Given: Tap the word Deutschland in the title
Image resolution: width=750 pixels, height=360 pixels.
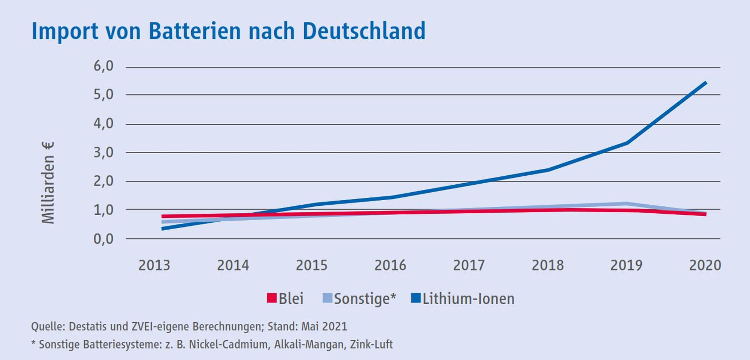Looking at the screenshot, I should pos(364,31).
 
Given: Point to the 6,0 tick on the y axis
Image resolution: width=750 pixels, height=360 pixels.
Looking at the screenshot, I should pos(103,66).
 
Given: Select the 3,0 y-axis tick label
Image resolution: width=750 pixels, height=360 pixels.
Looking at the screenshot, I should pos(103,152).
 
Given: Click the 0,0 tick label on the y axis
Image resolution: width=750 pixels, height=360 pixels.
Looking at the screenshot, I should pos(103,239).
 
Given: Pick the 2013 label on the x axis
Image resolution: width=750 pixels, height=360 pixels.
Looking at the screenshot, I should pos(154,265).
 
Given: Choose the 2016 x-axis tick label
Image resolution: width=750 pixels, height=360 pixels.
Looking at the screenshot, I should pos(390,265).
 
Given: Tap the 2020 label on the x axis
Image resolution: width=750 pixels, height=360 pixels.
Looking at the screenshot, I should pos(705,265).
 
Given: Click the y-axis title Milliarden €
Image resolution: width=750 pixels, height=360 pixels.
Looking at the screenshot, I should pos(48,183).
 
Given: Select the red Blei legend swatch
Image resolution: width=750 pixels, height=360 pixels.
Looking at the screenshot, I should pos(272,298).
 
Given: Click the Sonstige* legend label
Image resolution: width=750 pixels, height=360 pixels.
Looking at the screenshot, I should pos(365,299).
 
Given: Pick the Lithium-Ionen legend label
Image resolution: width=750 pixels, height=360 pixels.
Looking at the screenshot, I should pos(468,299).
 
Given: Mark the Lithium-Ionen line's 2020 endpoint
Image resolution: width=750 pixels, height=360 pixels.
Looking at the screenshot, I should pos(705,82).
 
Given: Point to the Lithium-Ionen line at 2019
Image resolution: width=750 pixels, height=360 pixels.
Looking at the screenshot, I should pos(627,142).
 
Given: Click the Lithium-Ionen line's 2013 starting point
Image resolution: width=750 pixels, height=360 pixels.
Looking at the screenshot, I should pos(162,228).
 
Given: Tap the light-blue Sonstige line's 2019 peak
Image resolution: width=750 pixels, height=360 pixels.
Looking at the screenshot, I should pos(627,203).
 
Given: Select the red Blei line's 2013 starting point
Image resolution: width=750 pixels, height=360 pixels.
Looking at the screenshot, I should pos(162,217).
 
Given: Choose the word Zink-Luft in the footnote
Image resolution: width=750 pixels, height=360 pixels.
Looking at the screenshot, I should pos(371,345).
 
